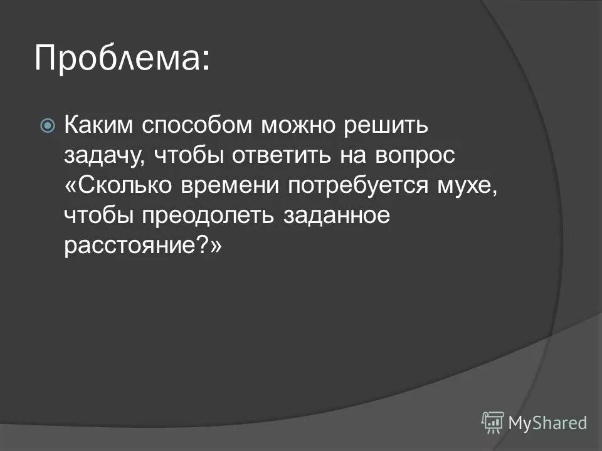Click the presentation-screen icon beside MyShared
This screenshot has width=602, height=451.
point(493,422)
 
